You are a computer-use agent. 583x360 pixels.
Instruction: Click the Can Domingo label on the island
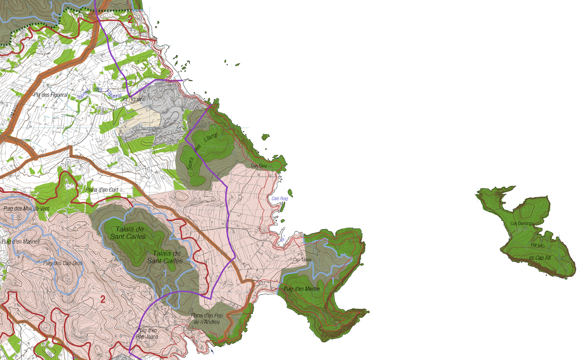(x=521, y=223)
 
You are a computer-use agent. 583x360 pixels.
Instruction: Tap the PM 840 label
(x=537, y=246)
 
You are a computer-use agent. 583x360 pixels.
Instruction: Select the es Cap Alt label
(x=540, y=258)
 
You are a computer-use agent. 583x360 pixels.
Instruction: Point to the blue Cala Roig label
(x=280, y=198)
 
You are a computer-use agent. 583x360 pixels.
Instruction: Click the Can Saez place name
(x=259, y=166)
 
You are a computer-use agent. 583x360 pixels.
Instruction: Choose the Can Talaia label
(x=302, y=260)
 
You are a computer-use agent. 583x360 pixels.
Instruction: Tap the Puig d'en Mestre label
(x=302, y=289)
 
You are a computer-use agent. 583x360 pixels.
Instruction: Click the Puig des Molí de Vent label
(x=26, y=209)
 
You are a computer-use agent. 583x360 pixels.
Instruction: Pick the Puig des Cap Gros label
(x=62, y=263)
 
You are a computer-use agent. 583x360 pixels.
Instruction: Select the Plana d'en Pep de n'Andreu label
(x=206, y=319)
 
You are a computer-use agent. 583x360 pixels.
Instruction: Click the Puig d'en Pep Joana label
(x=147, y=334)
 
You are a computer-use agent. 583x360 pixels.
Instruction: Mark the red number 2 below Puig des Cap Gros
(x=102, y=299)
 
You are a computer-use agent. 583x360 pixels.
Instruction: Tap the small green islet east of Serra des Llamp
(x=265, y=136)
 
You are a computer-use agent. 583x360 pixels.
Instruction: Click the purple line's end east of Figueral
(x=182, y=81)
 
